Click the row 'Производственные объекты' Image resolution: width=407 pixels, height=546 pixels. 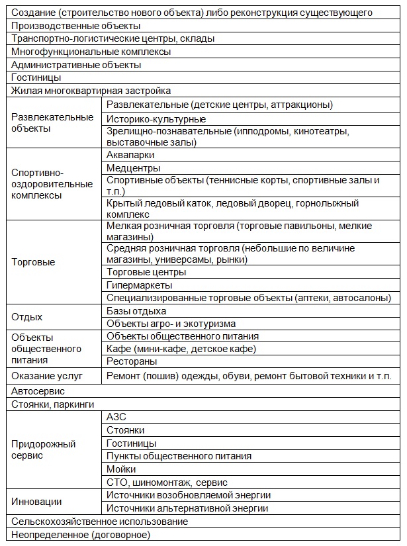click(76, 26)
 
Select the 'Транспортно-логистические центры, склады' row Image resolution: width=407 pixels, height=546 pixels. click(113, 39)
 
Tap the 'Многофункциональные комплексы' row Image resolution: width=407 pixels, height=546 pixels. click(91, 52)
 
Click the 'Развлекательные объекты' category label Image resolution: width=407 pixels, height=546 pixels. click(52, 123)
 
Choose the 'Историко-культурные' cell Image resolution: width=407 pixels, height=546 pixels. click(156, 119)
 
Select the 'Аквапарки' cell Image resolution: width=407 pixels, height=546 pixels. click(130, 155)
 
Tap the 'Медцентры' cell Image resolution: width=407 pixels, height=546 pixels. click(133, 168)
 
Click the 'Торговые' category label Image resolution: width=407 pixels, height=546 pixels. click(33, 262)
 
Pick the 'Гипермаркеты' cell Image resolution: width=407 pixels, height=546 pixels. click(140, 285)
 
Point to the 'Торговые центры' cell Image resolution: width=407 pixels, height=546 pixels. click(146, 272)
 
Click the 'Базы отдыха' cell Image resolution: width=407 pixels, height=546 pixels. click(136, 311)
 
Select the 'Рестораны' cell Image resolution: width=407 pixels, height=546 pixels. click(132, 362)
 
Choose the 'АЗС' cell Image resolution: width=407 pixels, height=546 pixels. click(116, 417)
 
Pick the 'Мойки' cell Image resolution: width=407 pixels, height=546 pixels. click(121, 469)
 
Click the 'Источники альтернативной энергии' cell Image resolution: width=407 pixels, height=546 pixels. click(187, 508)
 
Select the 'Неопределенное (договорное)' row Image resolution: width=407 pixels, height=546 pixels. click(81, 534)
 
